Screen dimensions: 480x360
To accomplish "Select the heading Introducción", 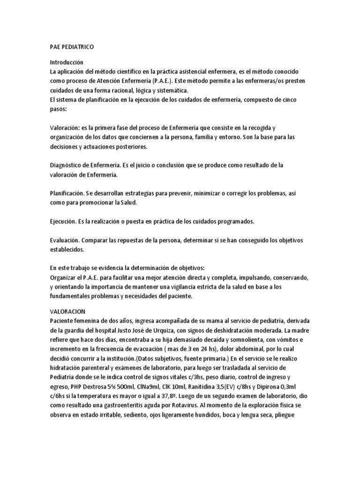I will pyautogui.click(x=67, y=62).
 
